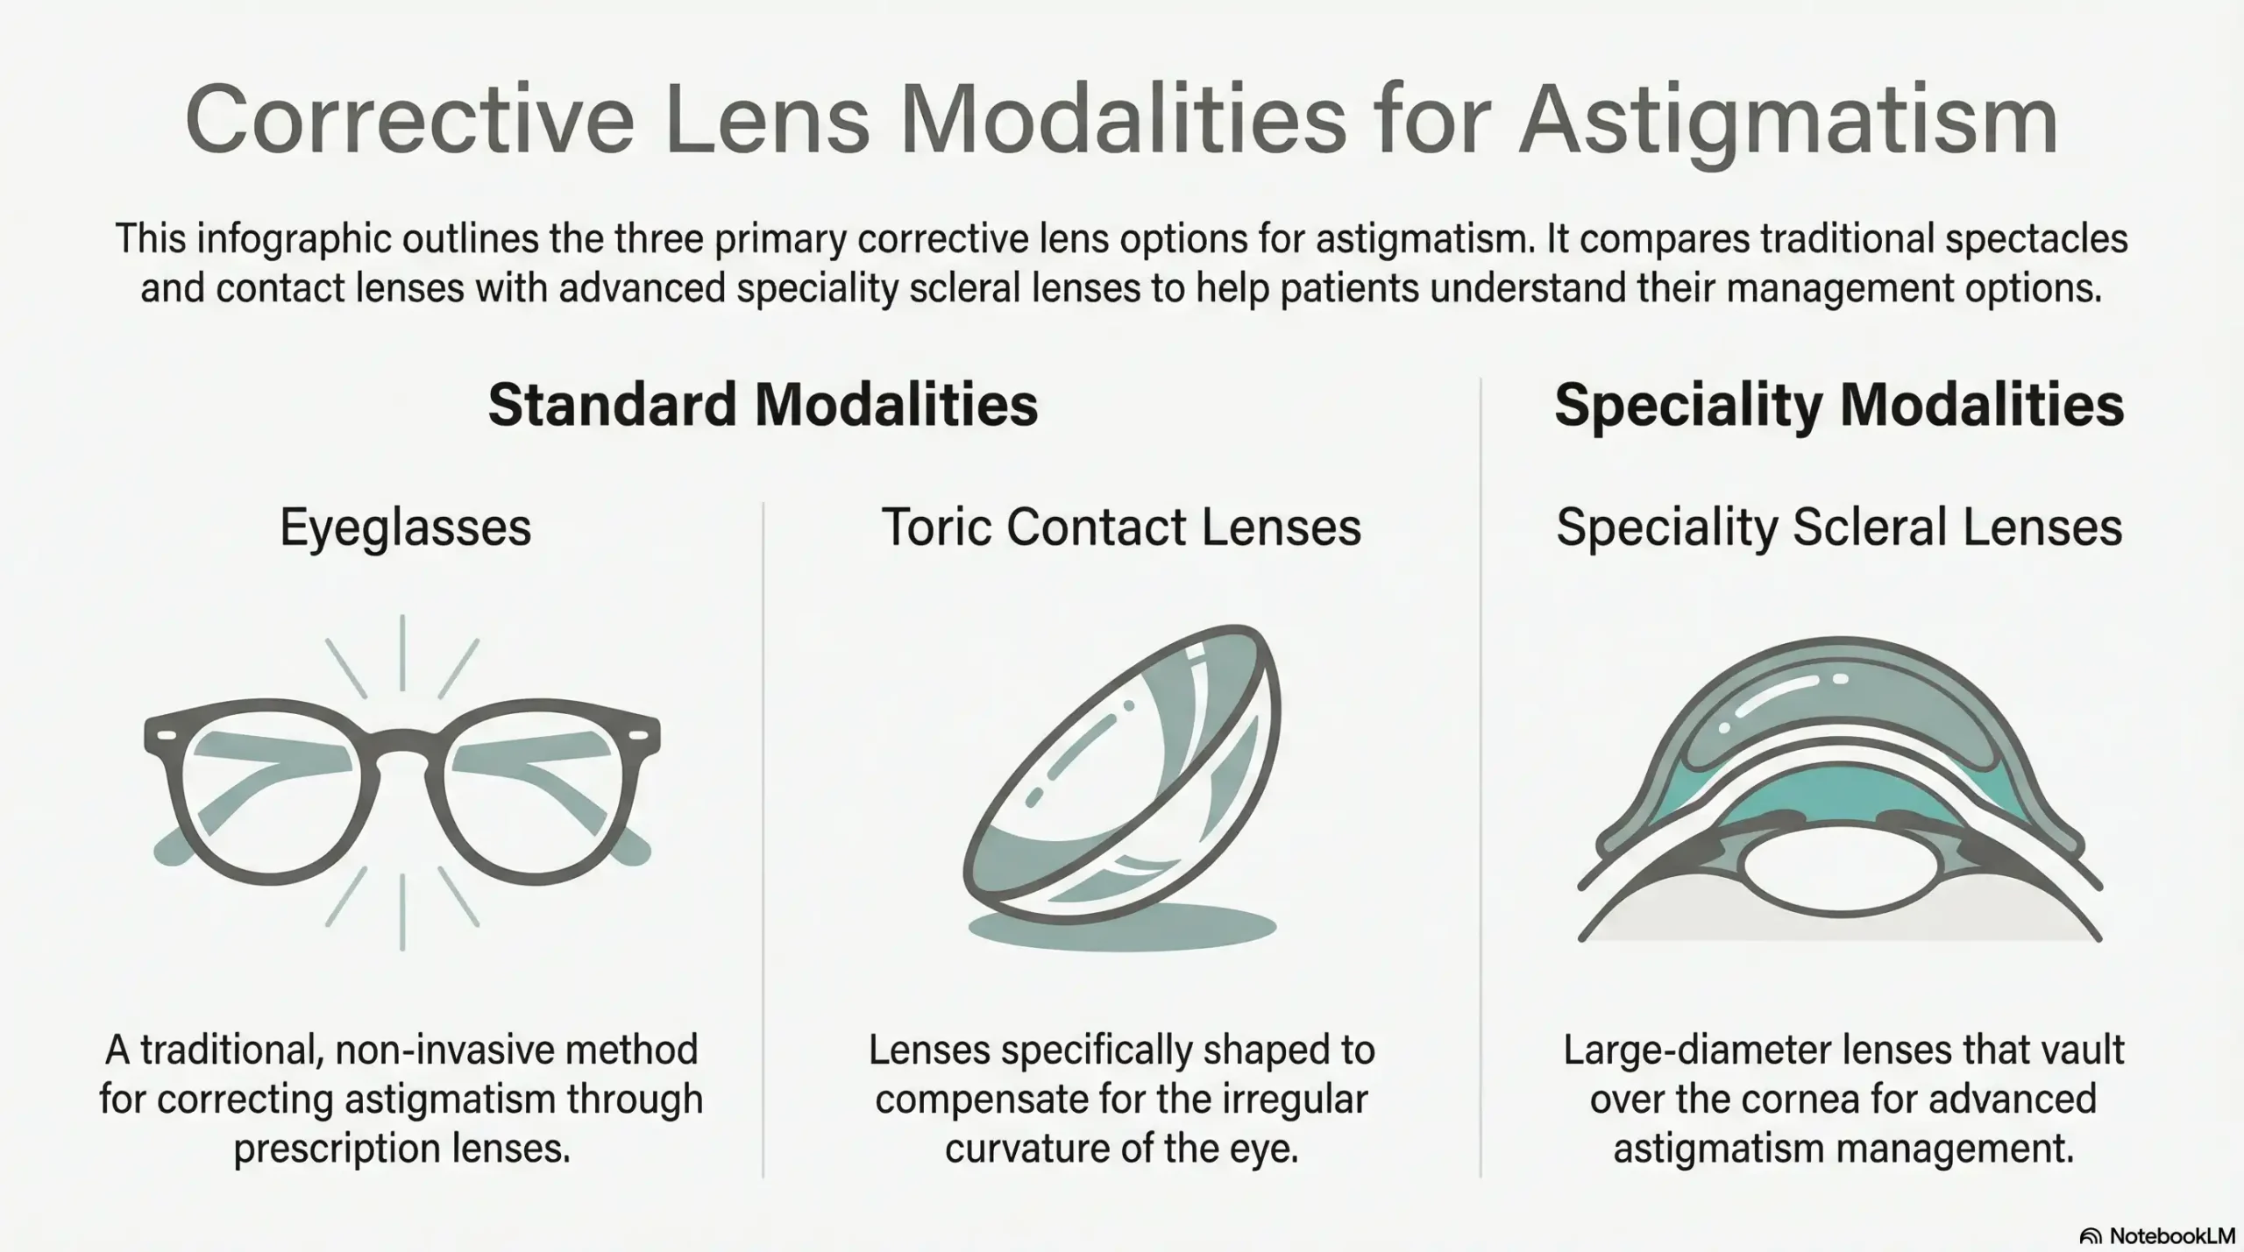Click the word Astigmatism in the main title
click(1788, 123)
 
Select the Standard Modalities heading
click(763, 405)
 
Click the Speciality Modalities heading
click(1839, 405)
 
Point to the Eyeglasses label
click(405, 527)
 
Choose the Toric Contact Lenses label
click(1121, 527)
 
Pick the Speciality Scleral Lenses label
click(1839, 527)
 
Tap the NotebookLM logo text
click(2171, 1235)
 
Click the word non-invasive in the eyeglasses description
click(480, 1050)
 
